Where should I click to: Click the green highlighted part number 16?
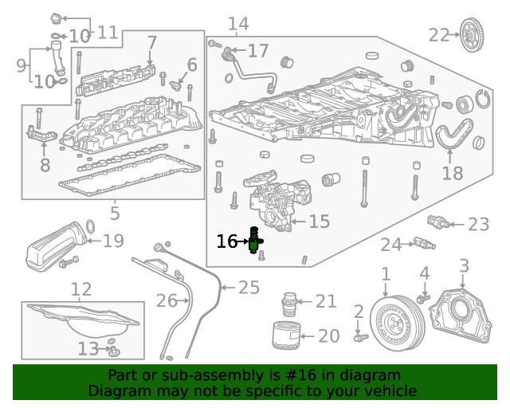(x=256, y=241)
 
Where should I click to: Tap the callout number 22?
(x=438, y=34)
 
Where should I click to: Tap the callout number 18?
(x=452, y=173)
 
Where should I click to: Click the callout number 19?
(x=113, y=240)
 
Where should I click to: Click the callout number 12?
(x=81, y=288)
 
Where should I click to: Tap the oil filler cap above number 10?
(x=56, y=18)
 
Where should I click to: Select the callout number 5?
(x=115, y=213)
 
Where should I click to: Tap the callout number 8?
(x=45, y=165)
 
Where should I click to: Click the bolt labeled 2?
(x=358, y=338)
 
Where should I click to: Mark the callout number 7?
(x=151, y=40)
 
